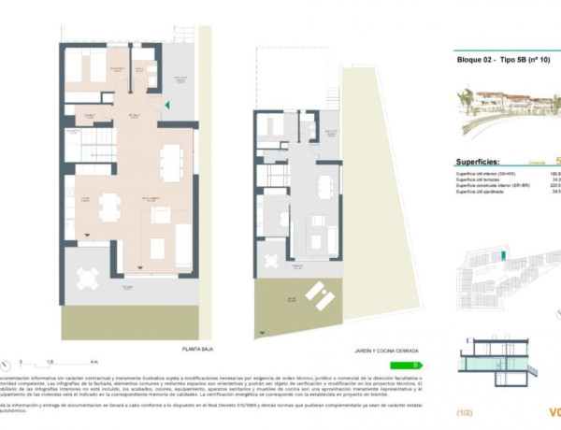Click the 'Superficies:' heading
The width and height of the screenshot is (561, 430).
coord(483,161)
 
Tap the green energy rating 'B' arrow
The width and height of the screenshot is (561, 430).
coord(409,365)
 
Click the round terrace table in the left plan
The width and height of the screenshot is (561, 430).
coord(87,278)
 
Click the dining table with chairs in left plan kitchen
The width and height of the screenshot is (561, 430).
coord(109,207)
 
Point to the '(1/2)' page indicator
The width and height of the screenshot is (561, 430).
coord(465,411)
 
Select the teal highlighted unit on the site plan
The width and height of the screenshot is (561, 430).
coord(503,253)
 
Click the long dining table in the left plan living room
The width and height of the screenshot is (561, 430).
coord(170,162)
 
